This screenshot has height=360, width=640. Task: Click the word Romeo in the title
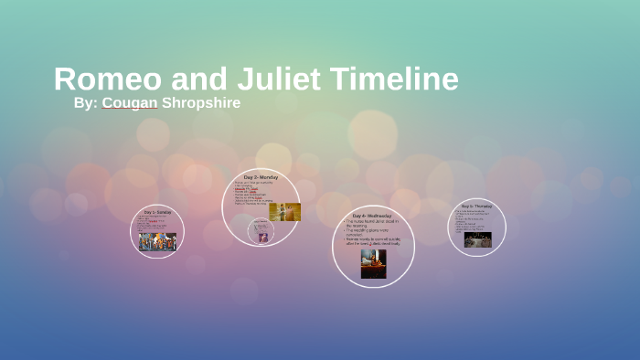tap(96, 79)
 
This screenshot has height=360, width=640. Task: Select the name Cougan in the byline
tap(130, 102)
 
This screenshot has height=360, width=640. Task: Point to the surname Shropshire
tap(201, 102)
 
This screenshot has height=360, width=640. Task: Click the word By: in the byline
tap(85, 102)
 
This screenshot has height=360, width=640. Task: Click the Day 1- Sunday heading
tap(157, 212)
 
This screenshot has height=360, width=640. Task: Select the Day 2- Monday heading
tap(261, 176)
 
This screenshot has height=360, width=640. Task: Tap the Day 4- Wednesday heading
tap(373, 215)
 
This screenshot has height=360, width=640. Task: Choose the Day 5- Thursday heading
tap(477, 206)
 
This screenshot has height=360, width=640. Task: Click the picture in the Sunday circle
tap(157, 241)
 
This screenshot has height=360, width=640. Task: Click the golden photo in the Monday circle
tap(284, 212)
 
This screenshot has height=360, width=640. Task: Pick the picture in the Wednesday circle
tap(373, 263)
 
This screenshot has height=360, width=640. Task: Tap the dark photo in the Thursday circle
tap(477, 239)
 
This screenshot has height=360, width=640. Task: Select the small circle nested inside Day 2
tap(261, 232)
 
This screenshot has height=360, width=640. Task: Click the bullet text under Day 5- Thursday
tap(475, 220)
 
